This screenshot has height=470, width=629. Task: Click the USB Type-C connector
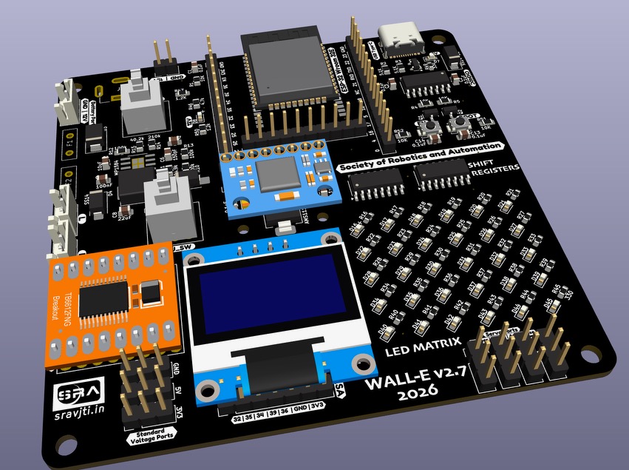point(399,38)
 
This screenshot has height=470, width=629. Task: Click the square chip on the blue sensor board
point(275,175)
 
